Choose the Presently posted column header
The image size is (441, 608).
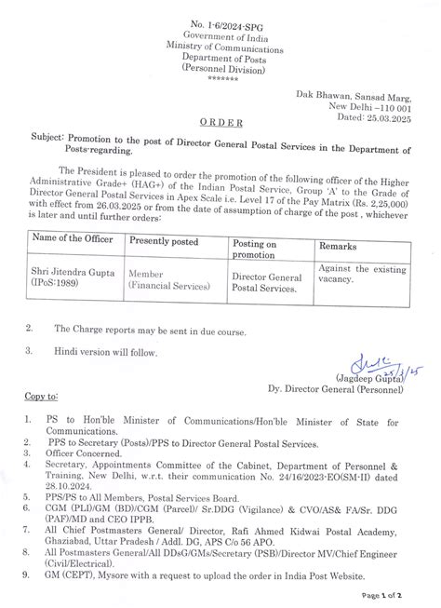[172, 240]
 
